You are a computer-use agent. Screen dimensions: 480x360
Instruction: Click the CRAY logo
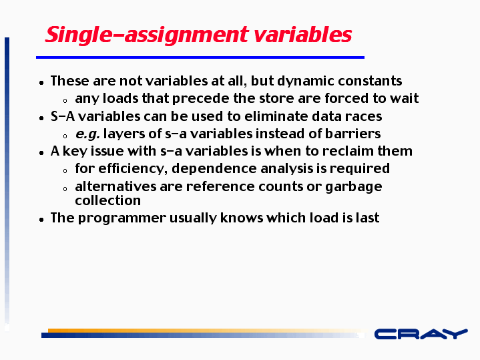click(421, 334)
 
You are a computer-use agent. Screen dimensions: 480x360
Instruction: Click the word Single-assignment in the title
click(147, 35)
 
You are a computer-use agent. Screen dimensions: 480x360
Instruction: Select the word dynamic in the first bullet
click(306, 81)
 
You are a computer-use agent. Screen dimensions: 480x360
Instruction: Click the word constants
click(370, 81)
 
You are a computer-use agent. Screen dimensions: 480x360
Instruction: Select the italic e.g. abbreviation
click(87, 134)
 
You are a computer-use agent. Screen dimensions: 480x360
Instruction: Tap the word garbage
click(354, 187)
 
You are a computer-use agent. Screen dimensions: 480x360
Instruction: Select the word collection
click(107, 200)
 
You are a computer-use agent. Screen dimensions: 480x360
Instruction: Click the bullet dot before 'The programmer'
click(41, 219)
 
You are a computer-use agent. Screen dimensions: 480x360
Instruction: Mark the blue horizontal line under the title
click(200, 57)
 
